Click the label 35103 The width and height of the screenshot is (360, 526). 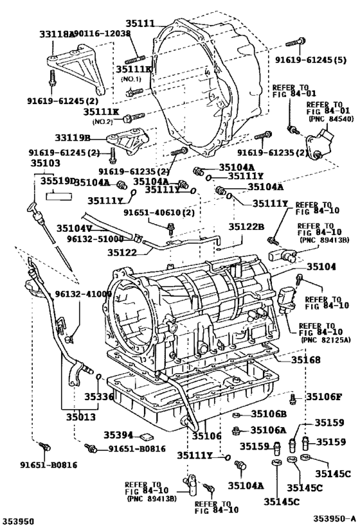pos(42,164)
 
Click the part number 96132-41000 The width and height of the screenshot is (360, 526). pos(82,294)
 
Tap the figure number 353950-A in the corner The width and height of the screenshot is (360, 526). pos(334,516)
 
